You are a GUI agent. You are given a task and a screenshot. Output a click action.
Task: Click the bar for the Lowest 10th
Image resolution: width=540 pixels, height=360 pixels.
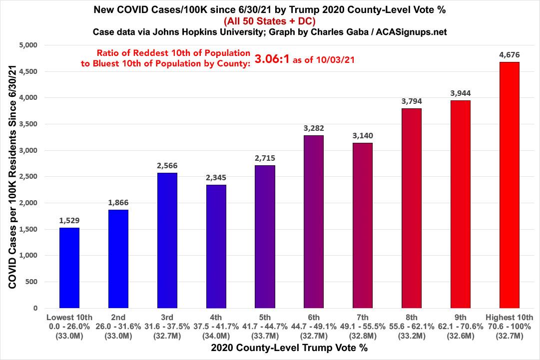click(69, 268)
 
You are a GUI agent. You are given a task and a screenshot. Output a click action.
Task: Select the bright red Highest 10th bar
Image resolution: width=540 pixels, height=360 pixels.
click(509, 185)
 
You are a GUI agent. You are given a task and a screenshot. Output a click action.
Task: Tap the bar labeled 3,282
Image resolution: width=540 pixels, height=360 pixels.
click(313, 222)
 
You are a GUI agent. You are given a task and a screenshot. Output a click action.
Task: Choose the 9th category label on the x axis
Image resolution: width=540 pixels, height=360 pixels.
click(460, 318)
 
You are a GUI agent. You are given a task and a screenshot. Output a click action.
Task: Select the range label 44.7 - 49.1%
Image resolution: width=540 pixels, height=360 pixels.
click(313, 327)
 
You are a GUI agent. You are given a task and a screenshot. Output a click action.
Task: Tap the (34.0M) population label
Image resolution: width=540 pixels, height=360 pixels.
click(216, 335)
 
